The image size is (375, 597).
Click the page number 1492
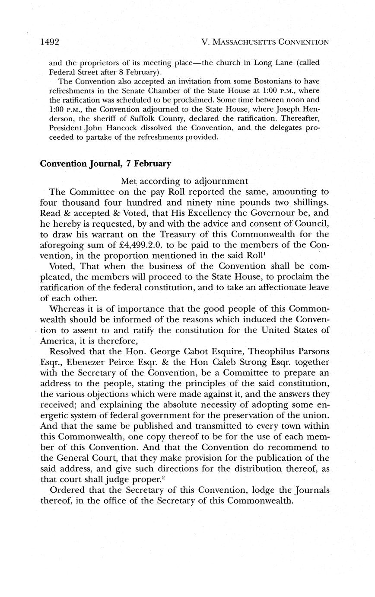click(x=49, y=42)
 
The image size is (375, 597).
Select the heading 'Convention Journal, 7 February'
click(x=105, y=164)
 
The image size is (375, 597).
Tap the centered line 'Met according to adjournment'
click(x=184, y=181)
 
